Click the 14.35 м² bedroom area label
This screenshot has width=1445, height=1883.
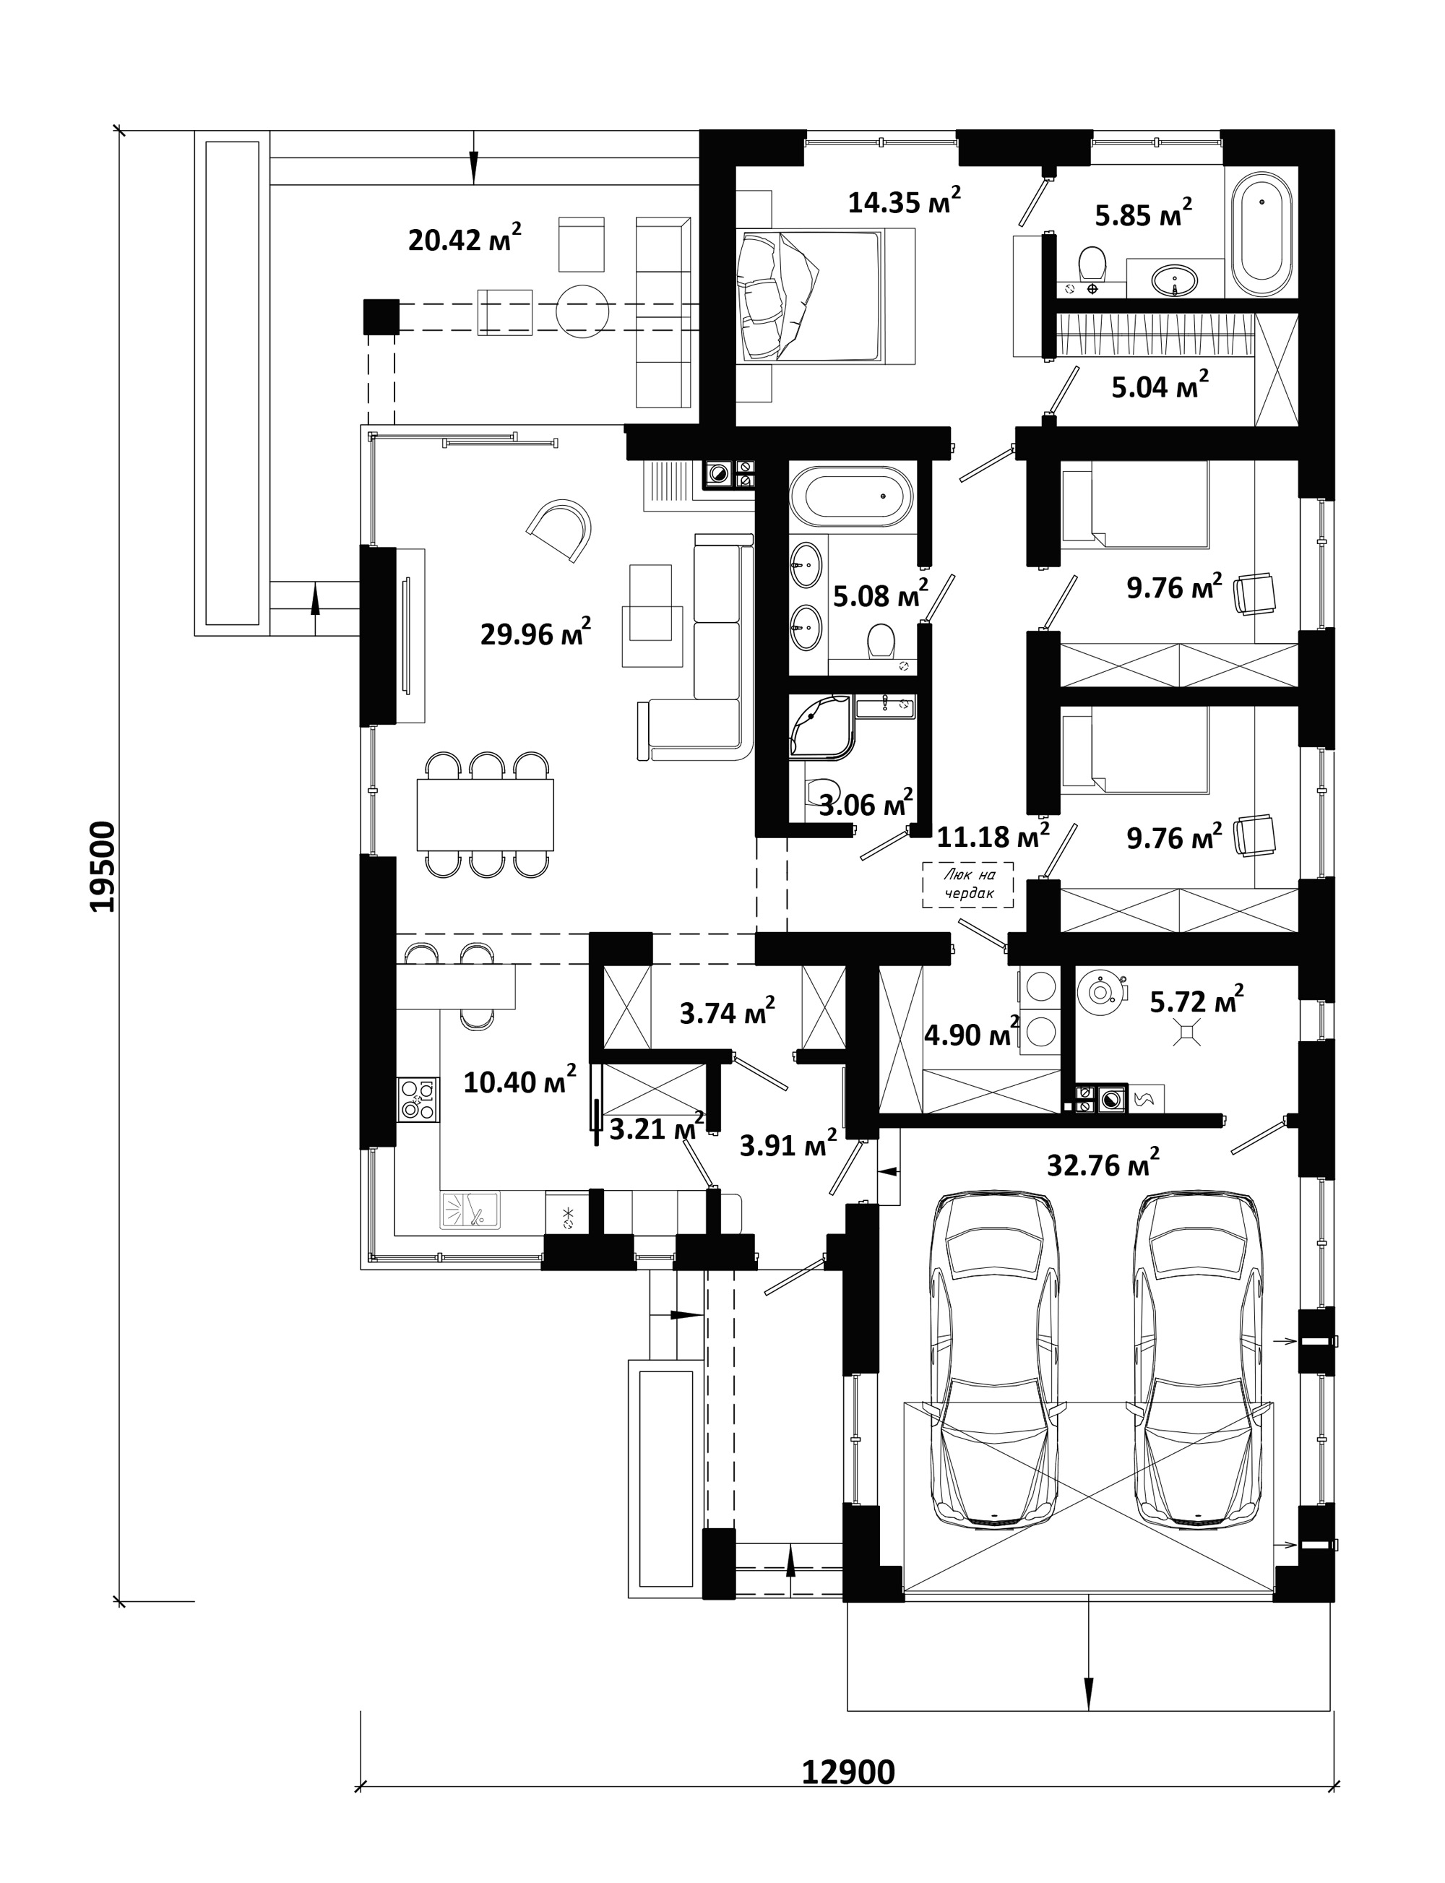pyautogui.click(x=904, y=202)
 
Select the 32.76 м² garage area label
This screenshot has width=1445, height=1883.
pyautogui.click(x=1103, y=1163)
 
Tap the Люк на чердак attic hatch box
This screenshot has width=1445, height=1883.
pyautogui.click(x=968, y=885)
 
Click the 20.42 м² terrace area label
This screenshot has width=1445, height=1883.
pyautogui.click(x=465, y=238)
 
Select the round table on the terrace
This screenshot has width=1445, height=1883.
pyautogui.click(x=582, y=311)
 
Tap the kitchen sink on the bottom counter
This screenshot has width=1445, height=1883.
pyautogui.click(x=470, y=1209)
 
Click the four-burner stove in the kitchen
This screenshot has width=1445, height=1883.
pyautogui.click(x=418, y=1098)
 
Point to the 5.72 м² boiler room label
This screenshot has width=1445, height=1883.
pyautogui.click(x=1196, y=999)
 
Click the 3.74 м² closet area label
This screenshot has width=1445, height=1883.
pyautogui.click(x=728, y=1012)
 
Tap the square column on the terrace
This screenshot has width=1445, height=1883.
pyautogui.click(x=381, y=316)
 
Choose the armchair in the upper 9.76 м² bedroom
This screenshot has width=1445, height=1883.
pyautogui.click(x=1255, y=595)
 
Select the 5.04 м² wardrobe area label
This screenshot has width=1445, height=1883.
pyautogui.click(x=1160, y=387)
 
